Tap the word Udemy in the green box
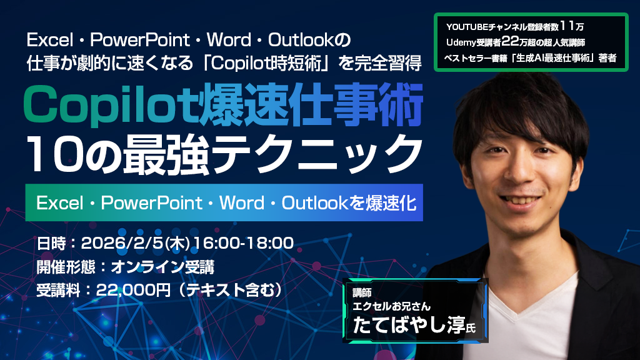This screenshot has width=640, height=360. click(462, 42)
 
